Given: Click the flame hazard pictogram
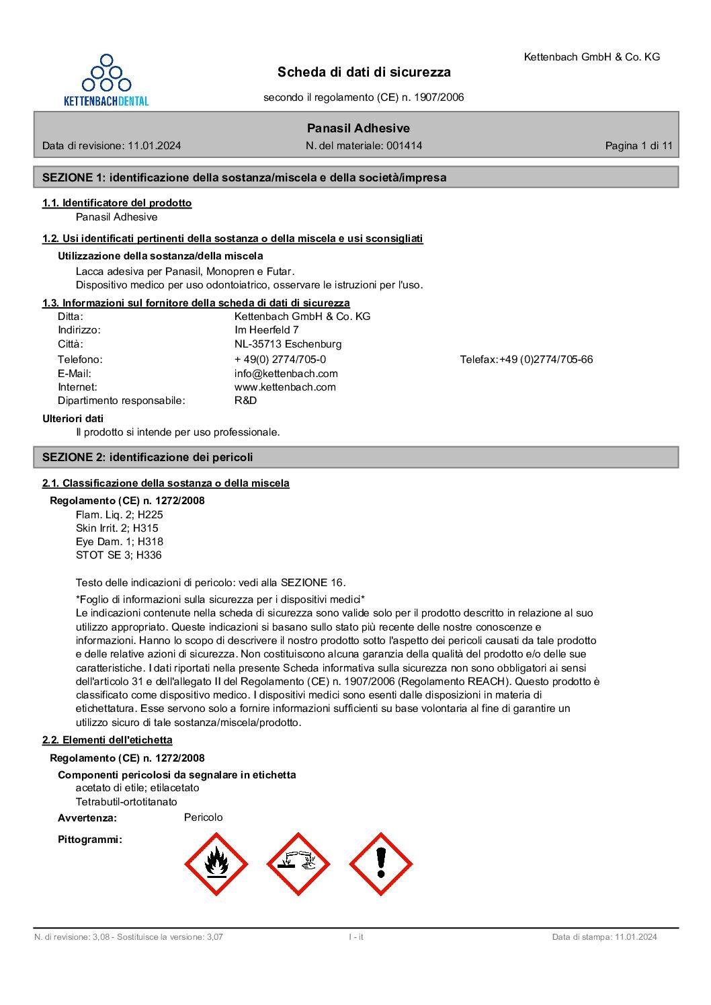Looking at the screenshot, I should [216, 864].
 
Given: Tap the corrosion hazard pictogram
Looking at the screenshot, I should [298, 864].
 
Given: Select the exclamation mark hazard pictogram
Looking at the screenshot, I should [380, 864].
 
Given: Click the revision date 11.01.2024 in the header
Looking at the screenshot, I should [154, 145].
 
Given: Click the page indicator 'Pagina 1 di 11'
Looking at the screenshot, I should [638, 145].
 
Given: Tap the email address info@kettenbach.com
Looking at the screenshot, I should [286, 373].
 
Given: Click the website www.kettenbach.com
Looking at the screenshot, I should [285, 387].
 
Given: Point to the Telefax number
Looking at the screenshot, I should [546, 359].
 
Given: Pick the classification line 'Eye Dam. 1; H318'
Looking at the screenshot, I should [119, 541].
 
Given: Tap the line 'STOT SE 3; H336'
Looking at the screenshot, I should [118, 555].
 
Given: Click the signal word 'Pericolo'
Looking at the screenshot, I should [203, 817].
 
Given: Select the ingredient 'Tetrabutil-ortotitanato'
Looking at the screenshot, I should [126, 801].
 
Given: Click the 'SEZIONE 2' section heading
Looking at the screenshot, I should [147, 457].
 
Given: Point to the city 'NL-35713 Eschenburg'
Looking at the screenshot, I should [288, 344].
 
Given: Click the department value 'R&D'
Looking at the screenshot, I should [245, 400].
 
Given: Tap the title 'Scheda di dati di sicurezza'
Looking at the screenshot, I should [364, 72].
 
